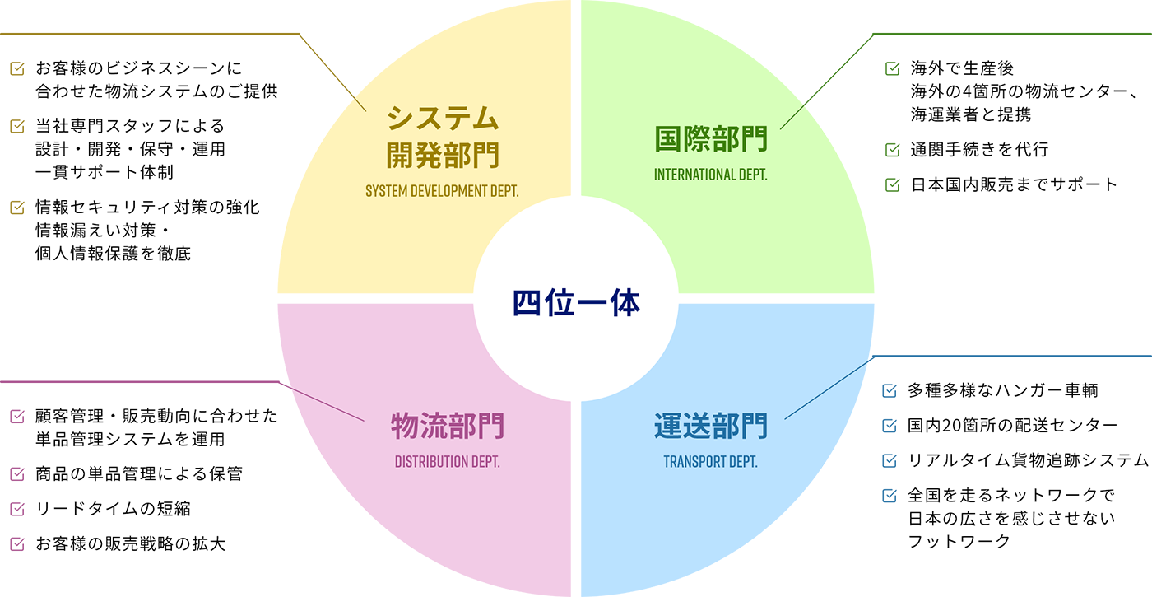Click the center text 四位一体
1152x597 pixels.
click(576, 304)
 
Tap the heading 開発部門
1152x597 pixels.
click(444, 154)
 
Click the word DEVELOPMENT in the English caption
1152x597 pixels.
click(452, 192)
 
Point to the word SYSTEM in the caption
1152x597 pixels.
click(388, 192)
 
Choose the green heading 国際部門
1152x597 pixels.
click(710, 139)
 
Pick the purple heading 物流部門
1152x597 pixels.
click(447, 427)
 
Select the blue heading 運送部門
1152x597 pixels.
click(710, 427)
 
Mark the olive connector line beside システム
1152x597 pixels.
click(357, 103)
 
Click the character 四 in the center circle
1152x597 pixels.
click(527, 304)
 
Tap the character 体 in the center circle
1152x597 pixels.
click(625, 304)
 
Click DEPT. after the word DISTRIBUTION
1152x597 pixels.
click(485, 461)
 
